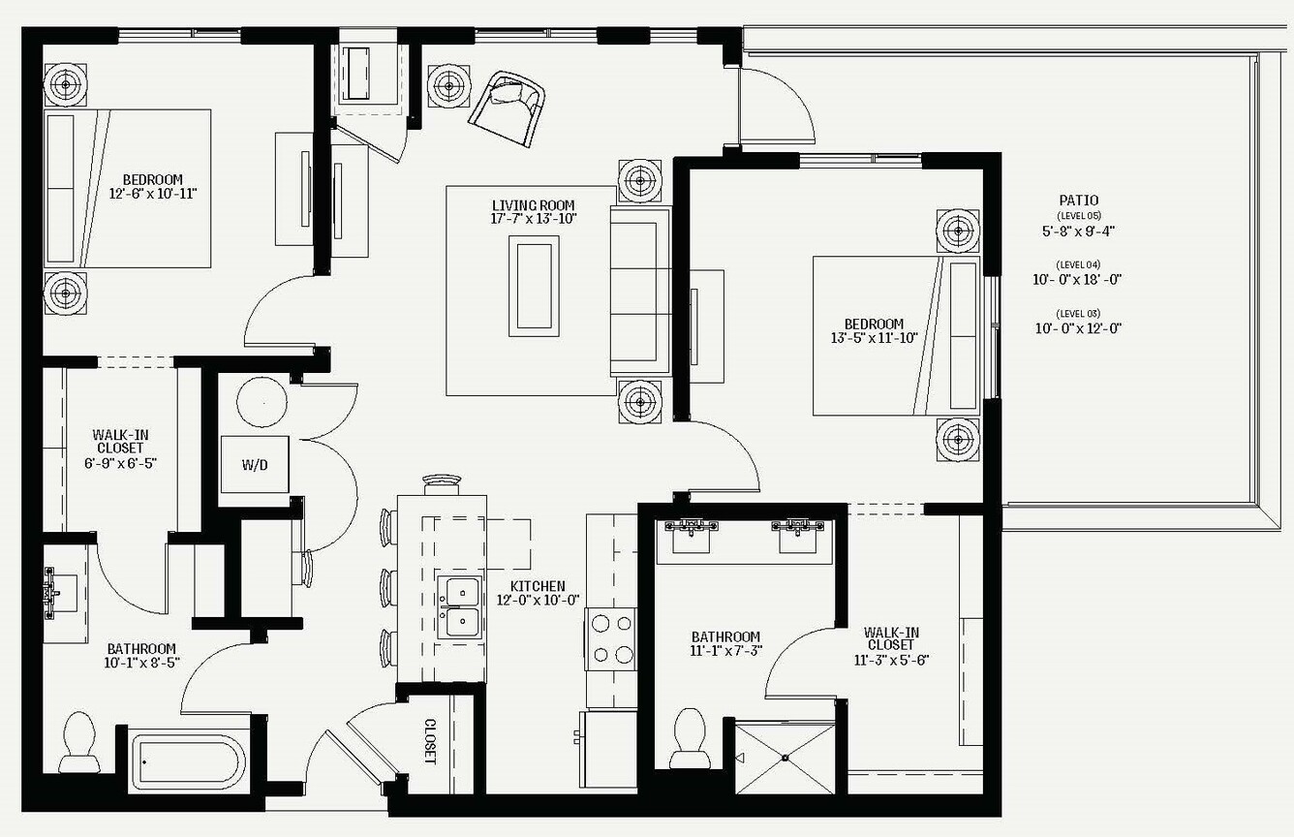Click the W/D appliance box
pyautogui.click(x=255, y=464)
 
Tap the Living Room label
pyautogui.click(x=534, y=205)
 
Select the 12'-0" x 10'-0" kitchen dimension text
pyautogui.click(x=538, y=601)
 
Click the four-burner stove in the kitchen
pyautogui.click(x=612, y=638)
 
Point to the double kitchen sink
pyautogui.click(x=460, y=606)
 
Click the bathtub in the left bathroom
pyautogui.click(x=189, y=762)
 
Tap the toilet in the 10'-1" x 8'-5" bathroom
pyautogui.click(x=79, y=742)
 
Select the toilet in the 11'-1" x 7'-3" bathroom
pyautogui.click(x=691, y=738)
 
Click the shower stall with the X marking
pyautogui.click(x=785, y=758)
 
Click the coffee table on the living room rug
pyautogui.click(x=534, y=286)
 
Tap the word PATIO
pyautogui.click(x=1079, y=201)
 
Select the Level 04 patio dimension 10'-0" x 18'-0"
pyautogui.click(x=1077, y=280)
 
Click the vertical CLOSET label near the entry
pyautogui.click(x=430, y=741)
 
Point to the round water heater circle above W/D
pyautogui.click(x=262, y=402)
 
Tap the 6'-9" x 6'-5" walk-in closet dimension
pyautogui.click(x=121, y=463)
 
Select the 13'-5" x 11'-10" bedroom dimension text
pyautogui.click(x=874, y=338)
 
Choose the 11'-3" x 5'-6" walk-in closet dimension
pyautogui.click(x=891, y=660)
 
